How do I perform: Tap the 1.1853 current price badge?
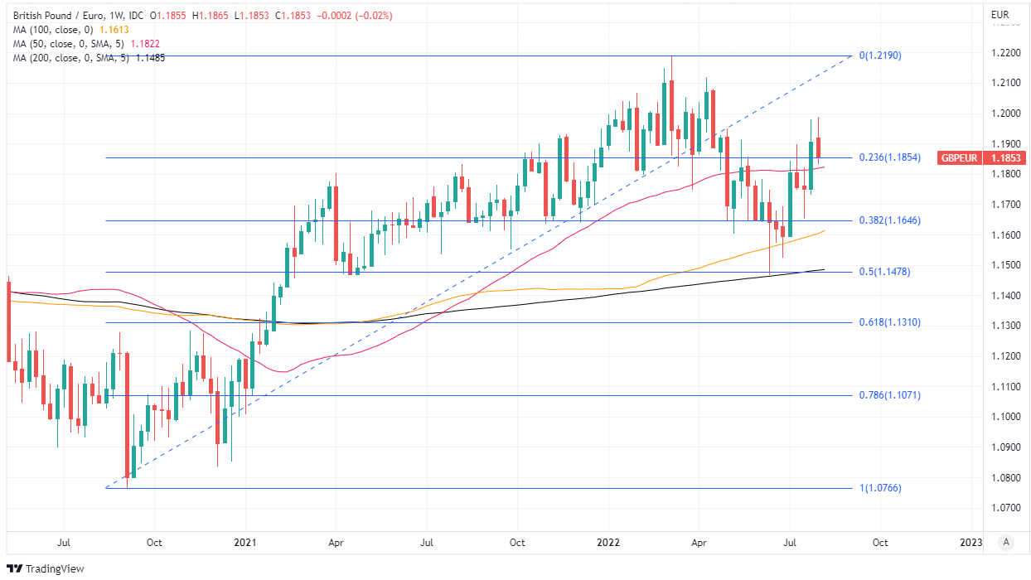(x=1006, y=157)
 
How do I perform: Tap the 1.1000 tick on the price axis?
(x=1005, y=417)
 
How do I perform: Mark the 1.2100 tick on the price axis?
(x=1005, y=83)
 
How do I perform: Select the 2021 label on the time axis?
(x=245, y=543)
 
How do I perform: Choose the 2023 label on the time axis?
(x=970, y=543)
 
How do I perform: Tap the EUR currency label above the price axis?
(x=1000, y=15)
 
